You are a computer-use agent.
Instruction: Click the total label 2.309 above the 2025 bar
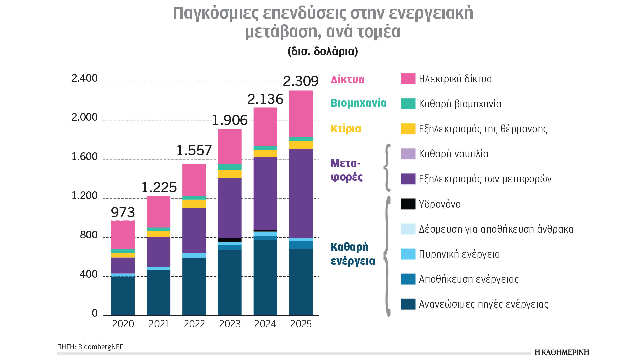tap(301, 81)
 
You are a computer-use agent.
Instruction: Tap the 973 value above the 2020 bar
tap(123, 212)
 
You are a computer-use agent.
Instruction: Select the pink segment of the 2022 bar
tap(194, 180)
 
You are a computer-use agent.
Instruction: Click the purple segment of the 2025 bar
tap(301, 193)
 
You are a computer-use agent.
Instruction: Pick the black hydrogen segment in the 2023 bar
tap(230, 240)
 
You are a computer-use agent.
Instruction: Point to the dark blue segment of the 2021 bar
tap(159, 292)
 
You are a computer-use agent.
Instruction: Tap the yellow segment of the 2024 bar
tap(265, 154)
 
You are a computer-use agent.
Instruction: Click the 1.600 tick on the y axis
tap(85, 156)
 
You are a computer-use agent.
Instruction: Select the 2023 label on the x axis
tap(230, 324)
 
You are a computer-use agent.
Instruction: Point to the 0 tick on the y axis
tap(95, 313)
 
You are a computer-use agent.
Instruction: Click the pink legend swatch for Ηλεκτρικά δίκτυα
tap(408, 79)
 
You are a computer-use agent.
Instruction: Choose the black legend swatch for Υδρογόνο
tap(408, 204)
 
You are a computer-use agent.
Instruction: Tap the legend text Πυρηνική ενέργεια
tap(459, 254)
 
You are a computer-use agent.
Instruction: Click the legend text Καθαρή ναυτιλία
tap(453, 154)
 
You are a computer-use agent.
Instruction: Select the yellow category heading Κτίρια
tap(346, 129)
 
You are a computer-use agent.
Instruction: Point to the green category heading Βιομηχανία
tap(358, 103)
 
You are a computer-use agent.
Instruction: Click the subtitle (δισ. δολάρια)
tap(323, 51)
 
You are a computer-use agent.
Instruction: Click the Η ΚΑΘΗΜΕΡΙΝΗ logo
tap(562, 352)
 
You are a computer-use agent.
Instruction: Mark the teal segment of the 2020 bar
tap(123, 251)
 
